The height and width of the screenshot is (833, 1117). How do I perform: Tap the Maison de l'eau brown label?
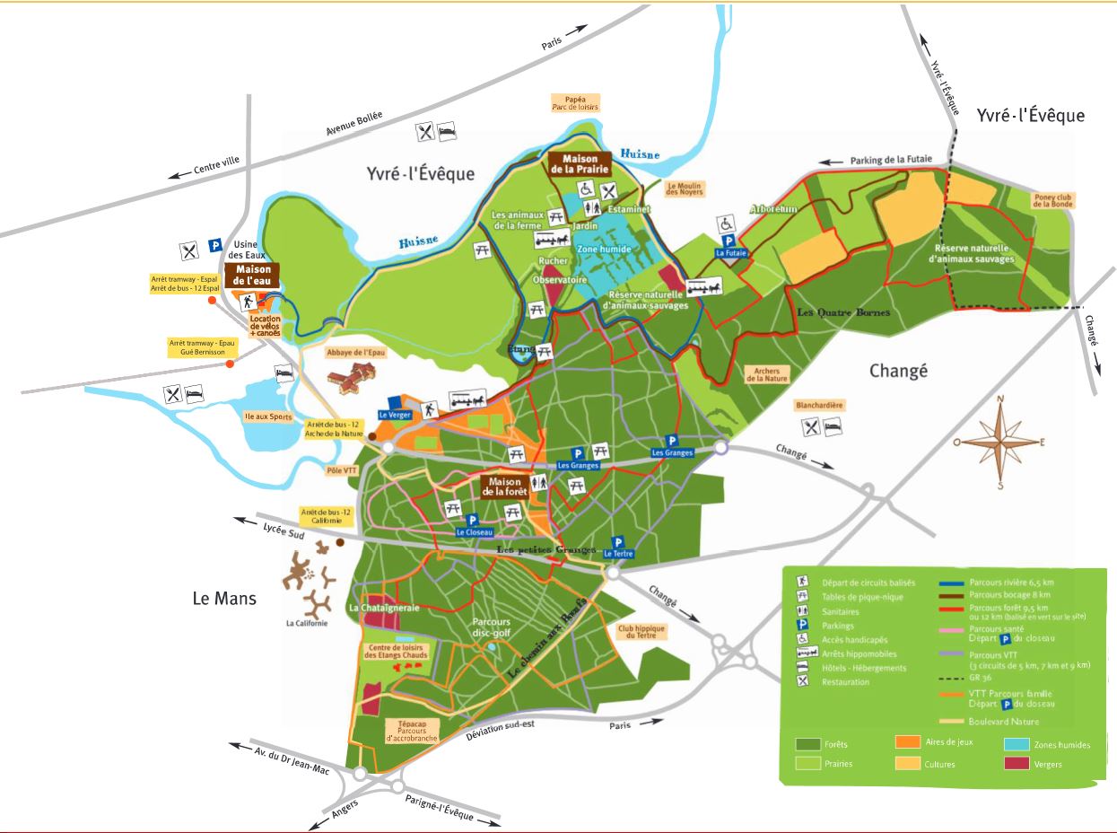pyautogui.click(x=252, y=274)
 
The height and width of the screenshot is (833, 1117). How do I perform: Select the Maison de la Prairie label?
pyautogui.click(x=580, y=163)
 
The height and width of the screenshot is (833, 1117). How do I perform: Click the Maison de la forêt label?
pyautogui.click(x=505, y=486)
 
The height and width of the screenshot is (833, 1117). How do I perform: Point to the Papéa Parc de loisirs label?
pyautogui.click(x=575, y=101)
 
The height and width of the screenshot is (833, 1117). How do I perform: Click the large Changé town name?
pyautogui.click(x=898, y=370)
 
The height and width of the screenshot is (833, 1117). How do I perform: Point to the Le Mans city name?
pyautogui.click(x=224, y=598)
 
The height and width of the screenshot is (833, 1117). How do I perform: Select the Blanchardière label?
pyautogui.click(x=819, y=405)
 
